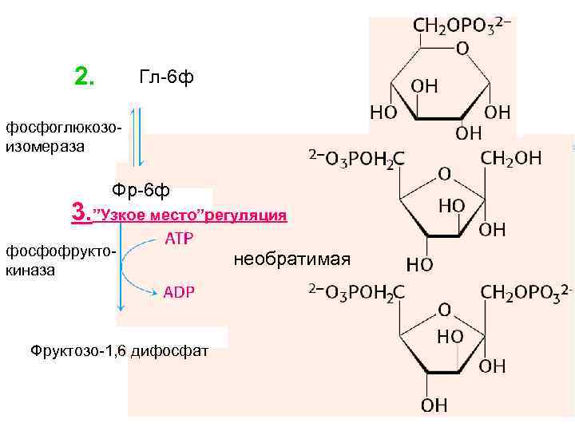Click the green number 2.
click(x=83, y=77)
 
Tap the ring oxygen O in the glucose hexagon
click(x=462, y=49)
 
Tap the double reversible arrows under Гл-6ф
click(x=137, y=136)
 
